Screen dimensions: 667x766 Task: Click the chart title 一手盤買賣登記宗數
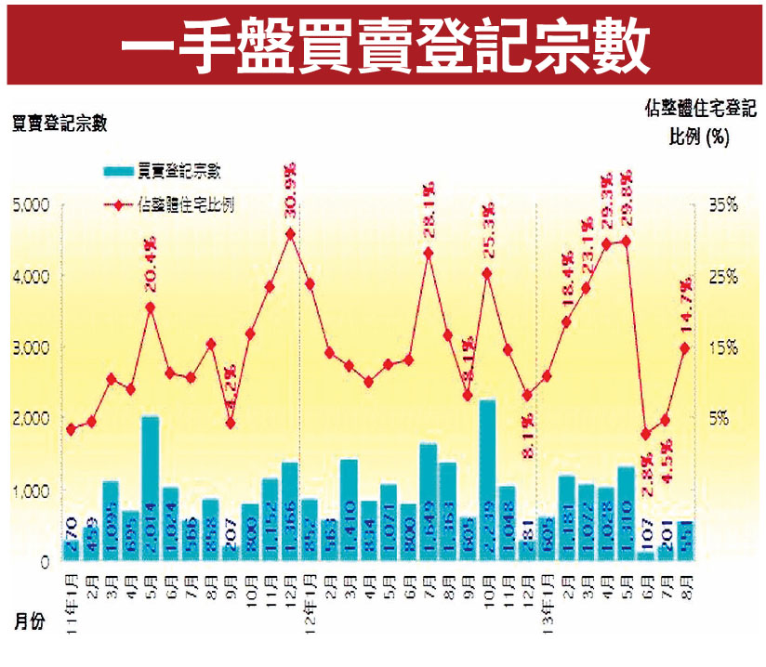click(x=384, y=43)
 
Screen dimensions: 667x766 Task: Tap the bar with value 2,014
click(x=150, y=488)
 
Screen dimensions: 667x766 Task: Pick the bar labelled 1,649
click(x=428, y=502)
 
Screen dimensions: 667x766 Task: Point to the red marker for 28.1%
click(x=429, y=252)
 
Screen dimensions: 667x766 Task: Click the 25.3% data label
click(x=487, y=236)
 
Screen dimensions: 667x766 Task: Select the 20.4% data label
click(x=151, y=267)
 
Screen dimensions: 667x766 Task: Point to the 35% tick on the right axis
click(x=721, y=204)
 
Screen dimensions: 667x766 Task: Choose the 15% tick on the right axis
click(x=721, y=347)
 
